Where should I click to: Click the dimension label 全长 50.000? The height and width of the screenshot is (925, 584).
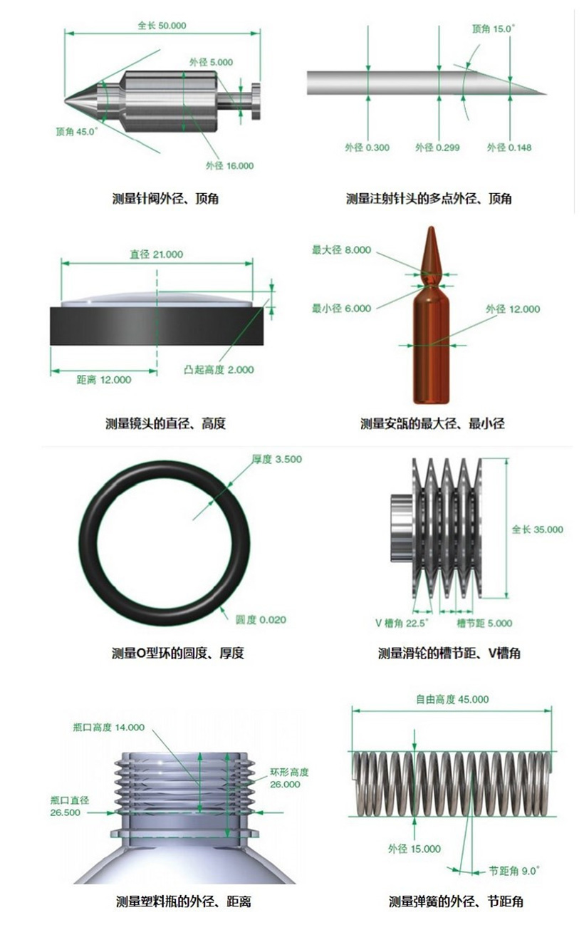(162, 26)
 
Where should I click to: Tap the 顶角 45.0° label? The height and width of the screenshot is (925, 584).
(77, 132)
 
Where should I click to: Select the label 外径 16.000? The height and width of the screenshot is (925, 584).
(230, 166)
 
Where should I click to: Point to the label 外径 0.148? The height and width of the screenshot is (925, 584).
(509, 148)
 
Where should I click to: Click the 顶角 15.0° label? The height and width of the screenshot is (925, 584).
(494, 29)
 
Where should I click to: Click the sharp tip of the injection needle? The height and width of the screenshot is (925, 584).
(546, 94)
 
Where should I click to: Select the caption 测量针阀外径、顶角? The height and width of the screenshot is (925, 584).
(165, 199)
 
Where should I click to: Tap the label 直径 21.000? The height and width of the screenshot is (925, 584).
(157, 254)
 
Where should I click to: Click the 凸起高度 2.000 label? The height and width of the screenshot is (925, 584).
(219, 370)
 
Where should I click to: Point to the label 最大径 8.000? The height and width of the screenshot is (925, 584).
(341, 250)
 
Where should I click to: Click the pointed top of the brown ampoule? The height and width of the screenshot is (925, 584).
(432, 227)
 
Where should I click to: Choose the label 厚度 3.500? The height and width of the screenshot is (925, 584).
(277, 459)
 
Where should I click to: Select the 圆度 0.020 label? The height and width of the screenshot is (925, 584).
(261, 620)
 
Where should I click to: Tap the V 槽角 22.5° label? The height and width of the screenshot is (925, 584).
(402, 623)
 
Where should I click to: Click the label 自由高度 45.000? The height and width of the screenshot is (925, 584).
(452, 699)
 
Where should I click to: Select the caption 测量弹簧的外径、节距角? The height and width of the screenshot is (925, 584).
(456, 901)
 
